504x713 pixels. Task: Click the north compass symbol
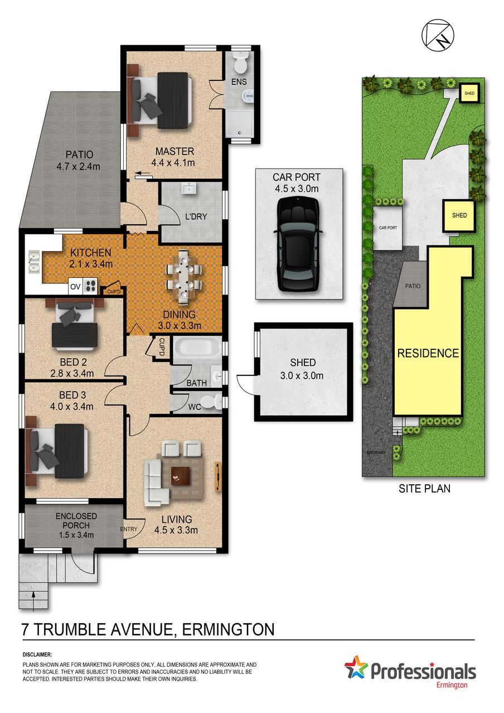[x=438, y=34]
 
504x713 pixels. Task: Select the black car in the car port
[x=298, y=244]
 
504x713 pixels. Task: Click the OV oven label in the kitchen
[x=75, y=287]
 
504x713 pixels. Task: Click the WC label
[x=195, y=407]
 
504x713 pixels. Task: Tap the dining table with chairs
[x=184, y=276]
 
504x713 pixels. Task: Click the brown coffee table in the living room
[x=181, y=476]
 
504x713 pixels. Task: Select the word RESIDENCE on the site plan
[x=428, y=353]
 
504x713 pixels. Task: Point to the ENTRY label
[x=129, y=529]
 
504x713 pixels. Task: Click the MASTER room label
[x=175, y=151]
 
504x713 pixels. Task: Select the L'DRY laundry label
[x=196, y=216]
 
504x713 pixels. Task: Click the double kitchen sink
[x=34, y=262]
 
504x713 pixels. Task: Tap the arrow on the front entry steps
[x=33, y=600]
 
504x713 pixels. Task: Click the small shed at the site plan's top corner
[x=469, y=93]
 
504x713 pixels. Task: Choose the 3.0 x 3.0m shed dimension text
[x=302, y=375]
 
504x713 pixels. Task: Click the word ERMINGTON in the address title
[x=228, y=629]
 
